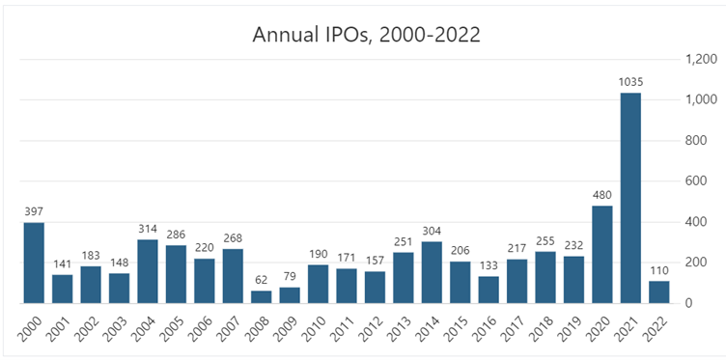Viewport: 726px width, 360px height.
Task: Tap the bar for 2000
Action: pyautogui.click(x=34, y=263)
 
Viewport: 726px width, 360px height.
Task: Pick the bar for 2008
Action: pyautogui.click(x=262, y=296)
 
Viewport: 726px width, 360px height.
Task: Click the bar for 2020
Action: pyautogui.click(x=601, y=254)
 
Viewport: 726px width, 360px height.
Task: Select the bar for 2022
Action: pyautogui.click(x=658, y=291)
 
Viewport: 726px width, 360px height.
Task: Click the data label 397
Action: pyautogui.click(x=34, y=212)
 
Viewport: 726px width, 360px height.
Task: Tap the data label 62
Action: pyautogui.click(x=262, y=281)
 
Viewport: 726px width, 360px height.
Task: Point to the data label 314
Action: pyautogui.click(x=148, y=230)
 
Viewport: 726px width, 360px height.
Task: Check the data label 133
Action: pyautogui.click(x=489, y=266)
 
